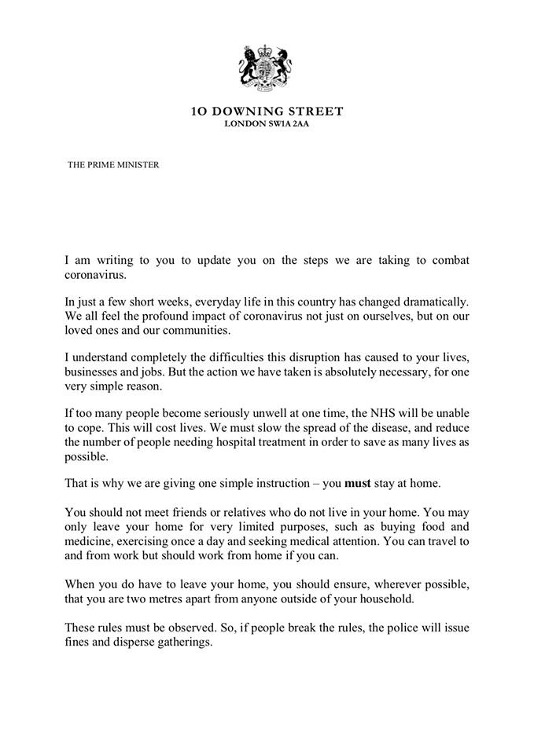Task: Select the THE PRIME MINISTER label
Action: click(x=112, y=165)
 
